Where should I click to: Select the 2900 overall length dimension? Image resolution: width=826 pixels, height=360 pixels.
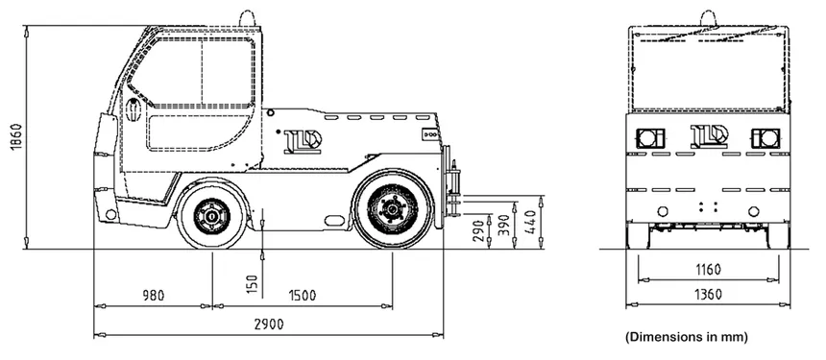click(x=269, y=324)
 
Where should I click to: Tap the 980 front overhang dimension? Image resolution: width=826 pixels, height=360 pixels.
click(x=154, y=296)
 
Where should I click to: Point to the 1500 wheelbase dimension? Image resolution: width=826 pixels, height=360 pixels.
click(x=302, y=296)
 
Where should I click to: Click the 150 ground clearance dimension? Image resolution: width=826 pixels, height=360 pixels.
click(x=253, y=284)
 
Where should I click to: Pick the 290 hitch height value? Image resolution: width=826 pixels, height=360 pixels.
click(x=479, y=231)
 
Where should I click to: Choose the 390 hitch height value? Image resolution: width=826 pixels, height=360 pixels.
click(x=504, y=226)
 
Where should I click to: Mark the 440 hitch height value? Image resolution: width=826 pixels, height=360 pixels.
click(x=530, y=222)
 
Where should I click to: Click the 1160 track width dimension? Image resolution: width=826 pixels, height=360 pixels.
click(x=708, y=270)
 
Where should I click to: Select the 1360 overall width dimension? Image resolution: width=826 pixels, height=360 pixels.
click(x=708, y=294)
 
